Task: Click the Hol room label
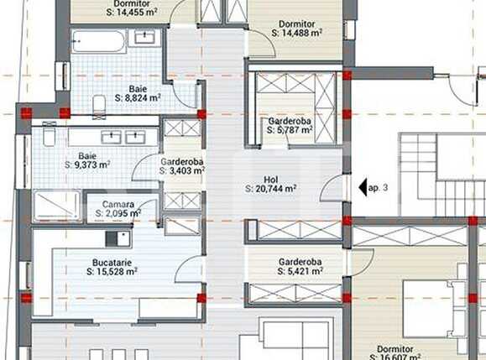pos(270,178)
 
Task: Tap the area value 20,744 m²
pos(271,190)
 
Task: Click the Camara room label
pos(118,204)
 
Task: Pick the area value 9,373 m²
pos(87,165)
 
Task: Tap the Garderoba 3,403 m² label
pos(182,161)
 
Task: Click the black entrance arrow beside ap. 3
pos(363,188)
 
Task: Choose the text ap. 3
pos(379,189)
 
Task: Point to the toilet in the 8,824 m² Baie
pos(98,103)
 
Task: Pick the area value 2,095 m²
pos(118,214)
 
